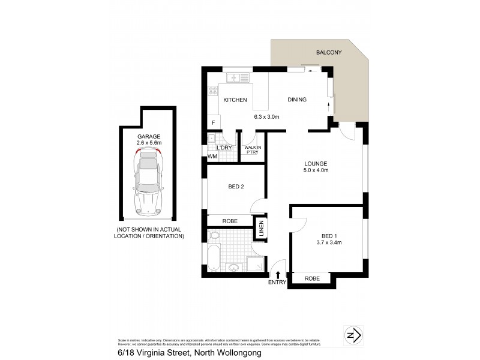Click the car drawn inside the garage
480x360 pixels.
click(149, 182)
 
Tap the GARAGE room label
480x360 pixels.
click(149, 136)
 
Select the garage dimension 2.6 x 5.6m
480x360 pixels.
click(149, 143)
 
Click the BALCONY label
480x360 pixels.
click(329, 53)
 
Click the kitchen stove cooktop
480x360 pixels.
click(212, 91)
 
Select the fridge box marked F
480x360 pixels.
click(212, 122)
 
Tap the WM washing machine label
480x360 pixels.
click(212, 157)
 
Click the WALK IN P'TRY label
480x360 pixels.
click(251, 149)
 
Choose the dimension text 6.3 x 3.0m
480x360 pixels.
click(267, 116)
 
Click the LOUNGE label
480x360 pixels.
click(315, 163)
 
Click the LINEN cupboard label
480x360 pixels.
click(261, 229)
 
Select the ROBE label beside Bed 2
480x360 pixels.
click(230, 221)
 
